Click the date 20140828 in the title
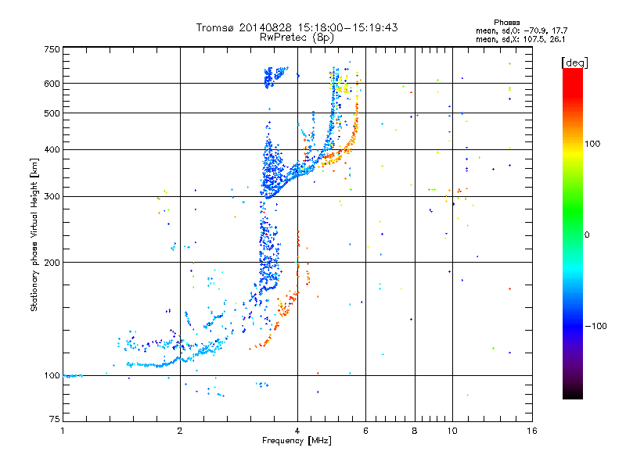pos(265,27)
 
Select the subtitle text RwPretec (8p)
pos(297,38)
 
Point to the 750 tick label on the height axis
pos(52,49)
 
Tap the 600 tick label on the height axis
pos(52,84)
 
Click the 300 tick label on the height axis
pos(52,196)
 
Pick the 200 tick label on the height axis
pos(52,263)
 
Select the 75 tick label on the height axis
pos(55,419)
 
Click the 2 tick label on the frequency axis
pos(180,431)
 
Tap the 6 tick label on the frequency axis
pos(365,431)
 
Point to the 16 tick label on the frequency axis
pos(532,431)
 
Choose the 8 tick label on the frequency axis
pos(415,431)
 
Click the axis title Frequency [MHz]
pos(297,441)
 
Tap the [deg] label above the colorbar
pos(574,63)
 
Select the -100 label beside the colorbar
pos(596,326)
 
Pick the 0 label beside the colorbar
pos(587,235)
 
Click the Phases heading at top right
pos(506,23)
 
